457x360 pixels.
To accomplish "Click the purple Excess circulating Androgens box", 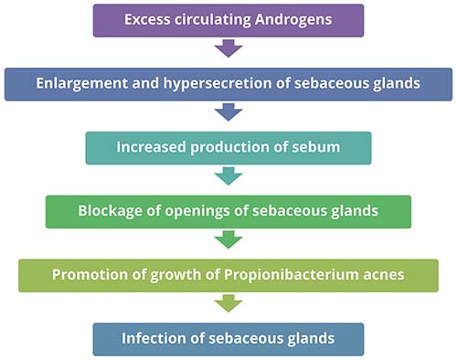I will [x=228, y=20].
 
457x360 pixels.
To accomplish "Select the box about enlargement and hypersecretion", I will [x=228, y=83].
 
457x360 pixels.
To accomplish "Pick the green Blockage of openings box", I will [x=228, y=211].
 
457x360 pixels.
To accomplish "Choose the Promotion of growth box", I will [x=228, y=275].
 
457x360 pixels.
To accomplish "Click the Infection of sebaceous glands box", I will [x=228, y=339].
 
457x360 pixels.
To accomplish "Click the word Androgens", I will [x=298, y=20].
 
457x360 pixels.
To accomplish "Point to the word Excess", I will [x=147, y=20].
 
